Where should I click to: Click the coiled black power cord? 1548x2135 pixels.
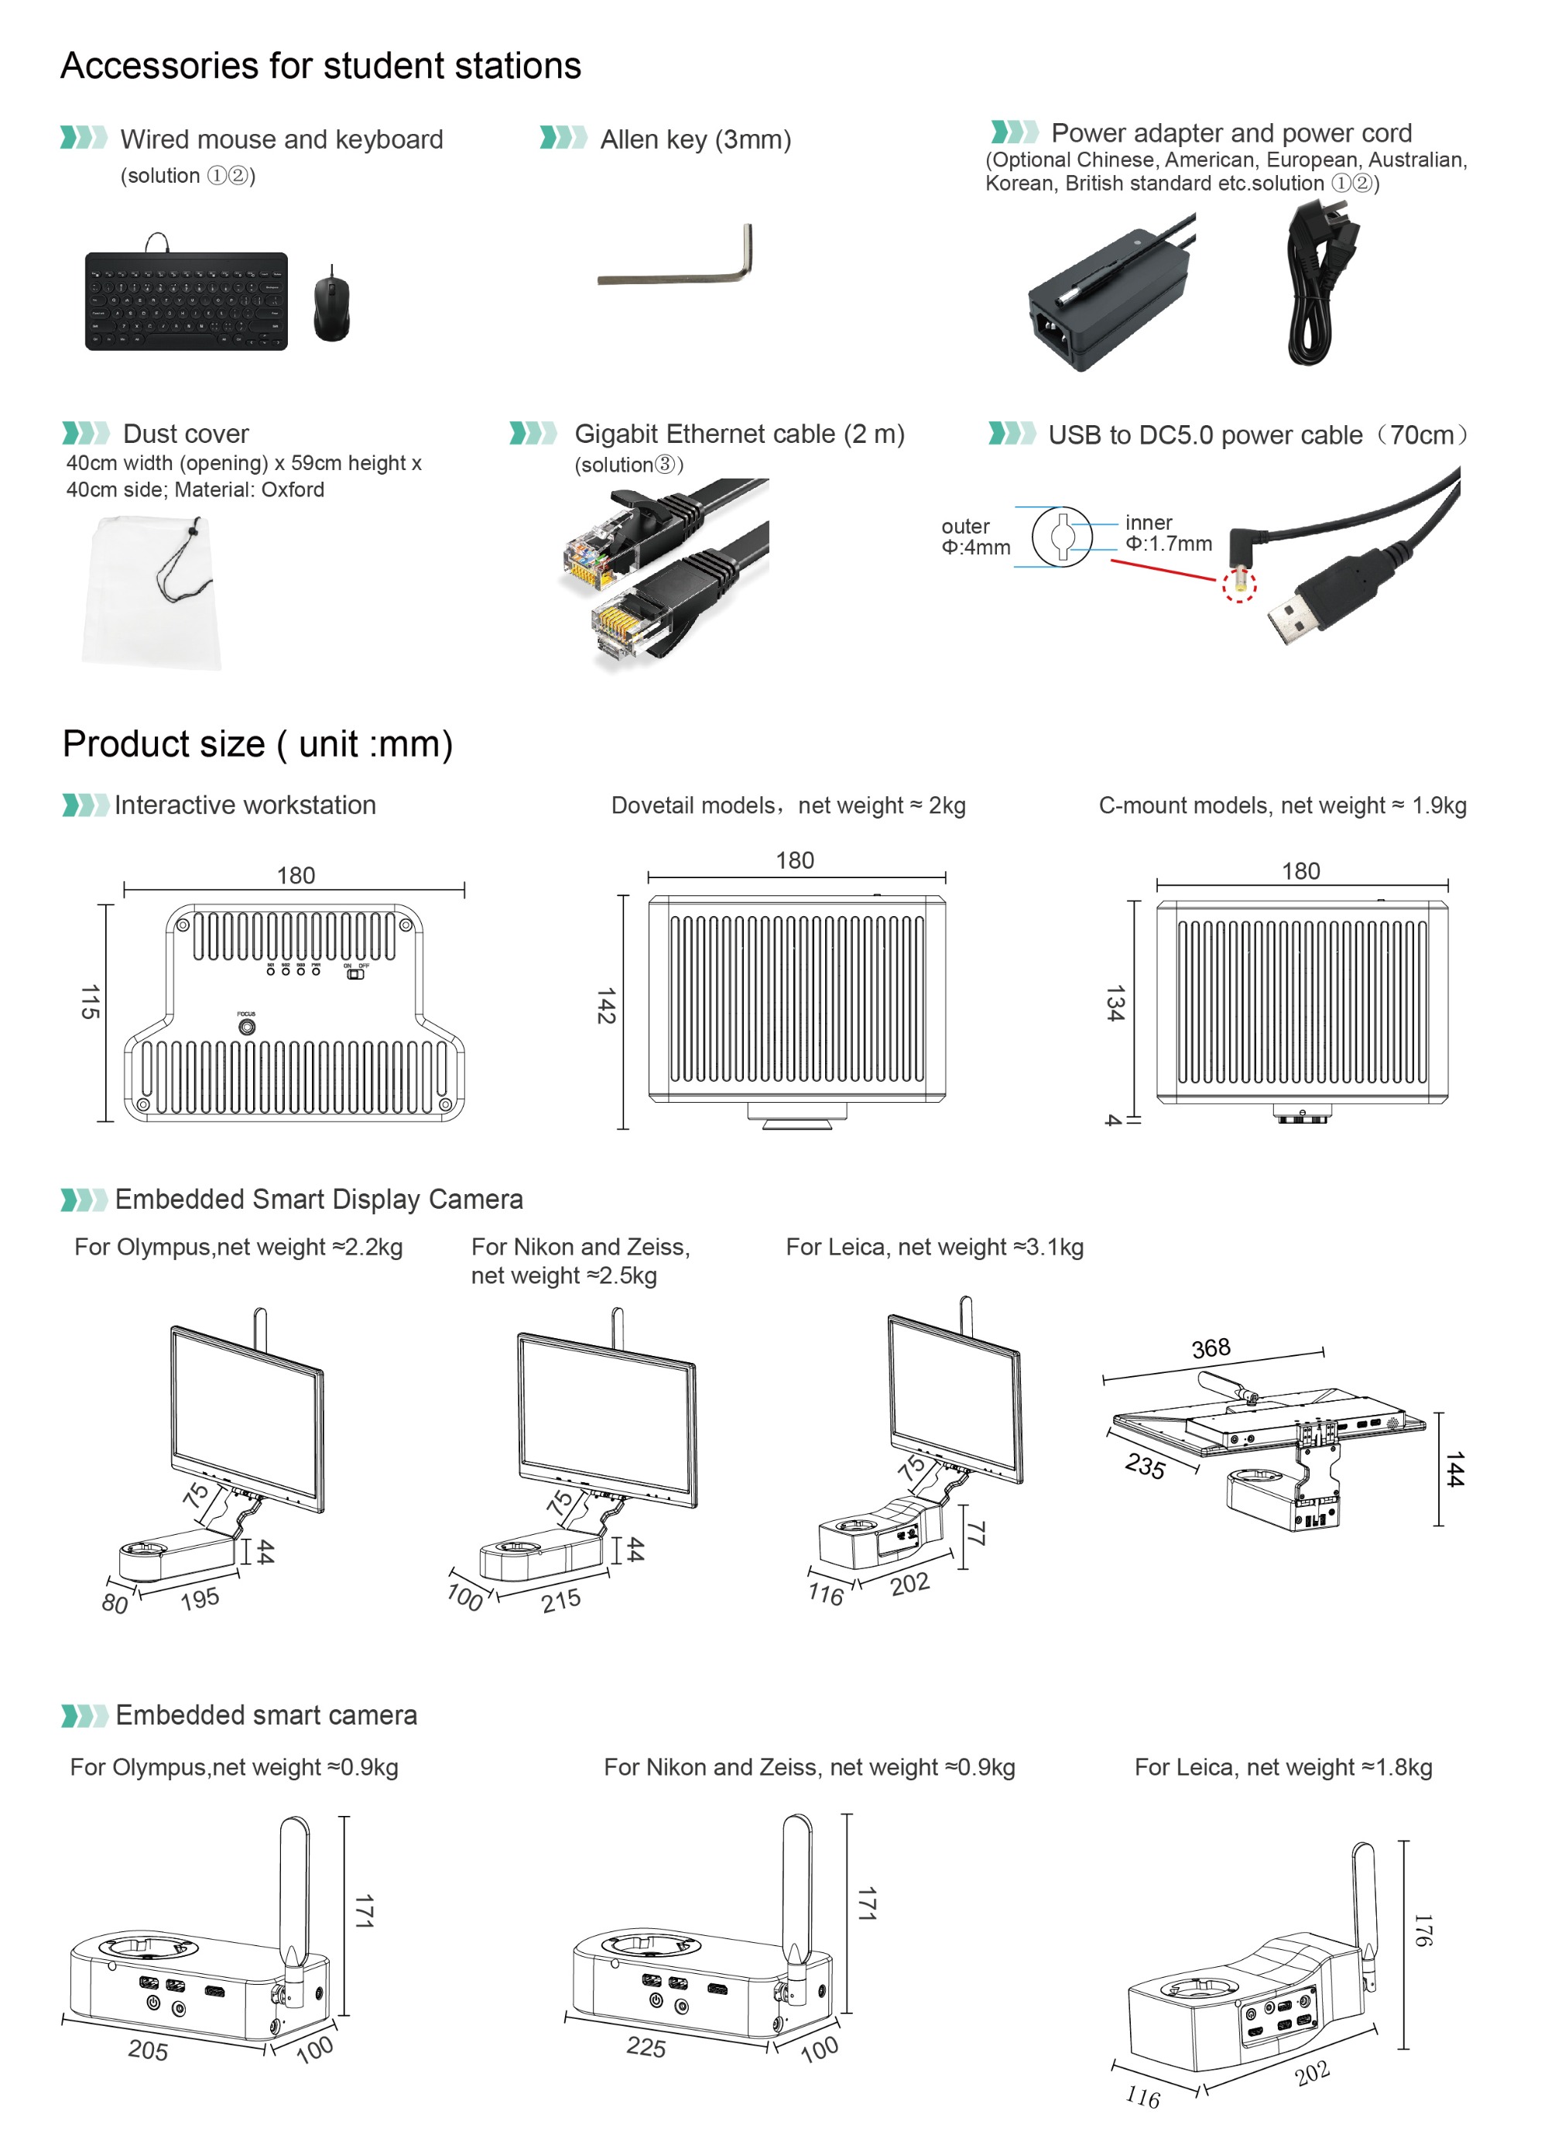(1313, 287)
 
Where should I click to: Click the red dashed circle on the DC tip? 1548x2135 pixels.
(1238, 585)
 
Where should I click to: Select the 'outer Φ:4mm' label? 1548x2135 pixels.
(975, 537)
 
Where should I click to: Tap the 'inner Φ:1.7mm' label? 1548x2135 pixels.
(1167, 533)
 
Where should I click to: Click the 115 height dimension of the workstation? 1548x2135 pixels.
(90, 1003)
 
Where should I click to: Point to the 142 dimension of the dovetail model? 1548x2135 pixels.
(606, 1006)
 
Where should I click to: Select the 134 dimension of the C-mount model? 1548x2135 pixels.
(1115, 1004)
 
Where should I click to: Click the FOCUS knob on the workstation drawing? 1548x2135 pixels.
(247, 1027)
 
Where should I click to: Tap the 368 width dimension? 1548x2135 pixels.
(1211, 1349)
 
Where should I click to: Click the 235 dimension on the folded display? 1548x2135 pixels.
(1146, 1466)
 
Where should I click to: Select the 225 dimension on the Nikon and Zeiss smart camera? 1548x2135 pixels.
(646, 2047)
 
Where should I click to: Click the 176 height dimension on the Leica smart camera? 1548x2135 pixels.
(1423, 1930)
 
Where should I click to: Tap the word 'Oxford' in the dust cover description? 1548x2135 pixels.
(293, 489)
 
